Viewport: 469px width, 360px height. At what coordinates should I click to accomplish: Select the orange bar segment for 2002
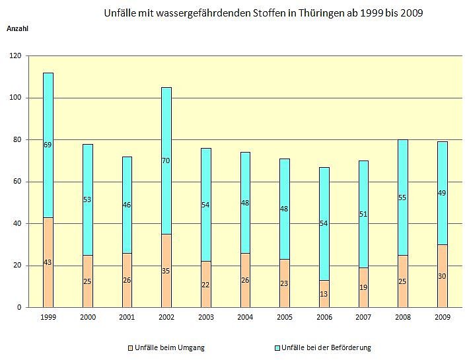(166, 284)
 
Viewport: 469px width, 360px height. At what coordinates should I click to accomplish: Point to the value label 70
(166, 161)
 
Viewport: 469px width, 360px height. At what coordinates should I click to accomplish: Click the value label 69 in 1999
(48, 145)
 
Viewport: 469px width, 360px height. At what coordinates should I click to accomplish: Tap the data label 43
(48, 263)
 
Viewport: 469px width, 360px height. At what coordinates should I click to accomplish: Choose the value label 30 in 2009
(442, 276)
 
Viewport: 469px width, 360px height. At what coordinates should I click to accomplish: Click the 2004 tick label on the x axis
(245, 318)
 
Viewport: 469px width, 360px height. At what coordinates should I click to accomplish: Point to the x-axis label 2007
(363, 318)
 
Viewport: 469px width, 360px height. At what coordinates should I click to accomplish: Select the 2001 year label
(127, 318)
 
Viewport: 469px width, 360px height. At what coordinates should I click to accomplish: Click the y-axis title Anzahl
(18, 28)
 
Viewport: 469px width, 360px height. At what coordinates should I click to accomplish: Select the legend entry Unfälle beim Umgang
(166, 347)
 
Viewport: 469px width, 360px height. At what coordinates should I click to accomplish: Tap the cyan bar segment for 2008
(403, 178)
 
